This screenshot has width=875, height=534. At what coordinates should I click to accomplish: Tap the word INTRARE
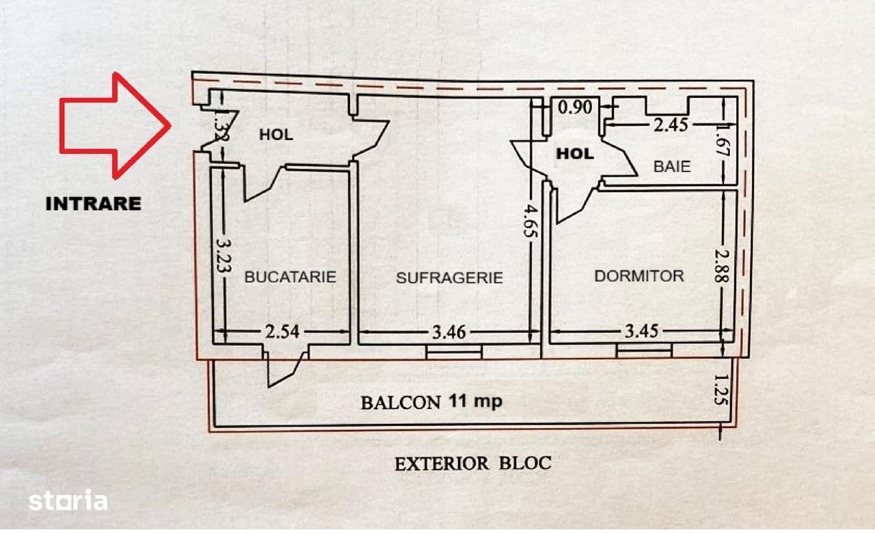click(93, 203)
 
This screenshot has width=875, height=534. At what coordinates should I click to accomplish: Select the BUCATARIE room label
click(290, 277)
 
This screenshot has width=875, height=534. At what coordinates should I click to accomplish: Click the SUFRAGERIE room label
click(449, 278)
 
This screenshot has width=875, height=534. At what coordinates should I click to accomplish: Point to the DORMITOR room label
click(638, 276)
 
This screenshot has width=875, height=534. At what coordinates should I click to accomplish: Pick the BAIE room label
click(671, 166)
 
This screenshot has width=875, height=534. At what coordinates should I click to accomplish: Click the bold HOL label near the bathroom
click(574, 154)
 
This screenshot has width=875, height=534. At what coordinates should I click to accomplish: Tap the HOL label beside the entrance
click(275, 135)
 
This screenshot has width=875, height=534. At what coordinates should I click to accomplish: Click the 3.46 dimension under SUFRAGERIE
click(450, 333)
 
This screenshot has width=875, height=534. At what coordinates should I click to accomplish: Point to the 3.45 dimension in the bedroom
click(641, 332)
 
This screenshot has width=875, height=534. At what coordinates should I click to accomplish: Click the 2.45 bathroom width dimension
click(670, 124)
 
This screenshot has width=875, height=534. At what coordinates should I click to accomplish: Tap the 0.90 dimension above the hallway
click(575, 107)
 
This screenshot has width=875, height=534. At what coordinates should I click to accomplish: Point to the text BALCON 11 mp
click(431, 401)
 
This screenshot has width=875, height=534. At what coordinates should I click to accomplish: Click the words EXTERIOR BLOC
click(472, 463)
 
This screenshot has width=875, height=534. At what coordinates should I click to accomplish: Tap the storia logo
click(68, 501)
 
